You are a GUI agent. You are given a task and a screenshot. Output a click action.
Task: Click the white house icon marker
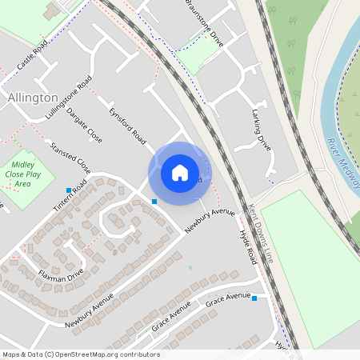pyautogui.click(x=180, y=173)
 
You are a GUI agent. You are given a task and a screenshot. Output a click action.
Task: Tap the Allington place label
pyautogui.click(x=31, y=97)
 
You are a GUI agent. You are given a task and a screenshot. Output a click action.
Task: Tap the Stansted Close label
pyautogui.click(x=70, y=158)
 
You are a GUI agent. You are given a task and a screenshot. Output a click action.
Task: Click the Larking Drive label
pyautogui.click(x=262, y=126)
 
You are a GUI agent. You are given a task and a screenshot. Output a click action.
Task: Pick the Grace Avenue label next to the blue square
pyautogui.click(x=228, y=302)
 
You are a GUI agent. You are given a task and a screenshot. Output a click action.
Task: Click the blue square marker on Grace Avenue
pyautogui.click(x=254, y=298)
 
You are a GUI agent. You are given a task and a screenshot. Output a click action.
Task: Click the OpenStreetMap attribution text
pyautogui.click(x=80, y=354)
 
